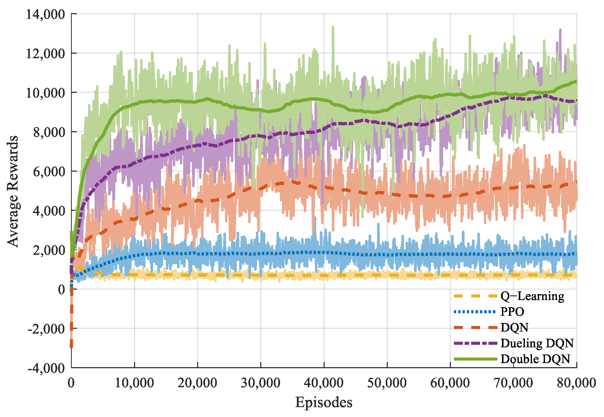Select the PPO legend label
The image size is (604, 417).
[x=512, y=312]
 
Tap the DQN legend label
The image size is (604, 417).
[x=514, y=328]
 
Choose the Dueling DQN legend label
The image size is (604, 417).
[x=537, y=343]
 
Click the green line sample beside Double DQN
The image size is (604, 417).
[x=475, y=359]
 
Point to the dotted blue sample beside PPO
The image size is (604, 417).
[x=475, y=312]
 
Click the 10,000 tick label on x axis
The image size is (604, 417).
[x=134, y=383]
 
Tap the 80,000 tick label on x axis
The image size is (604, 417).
[x=576, y=383]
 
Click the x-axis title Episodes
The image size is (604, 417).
[x=324, y=402]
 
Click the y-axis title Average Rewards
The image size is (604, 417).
[x=12, y=191]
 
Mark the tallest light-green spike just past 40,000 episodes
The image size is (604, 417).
[x=333, y=27]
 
